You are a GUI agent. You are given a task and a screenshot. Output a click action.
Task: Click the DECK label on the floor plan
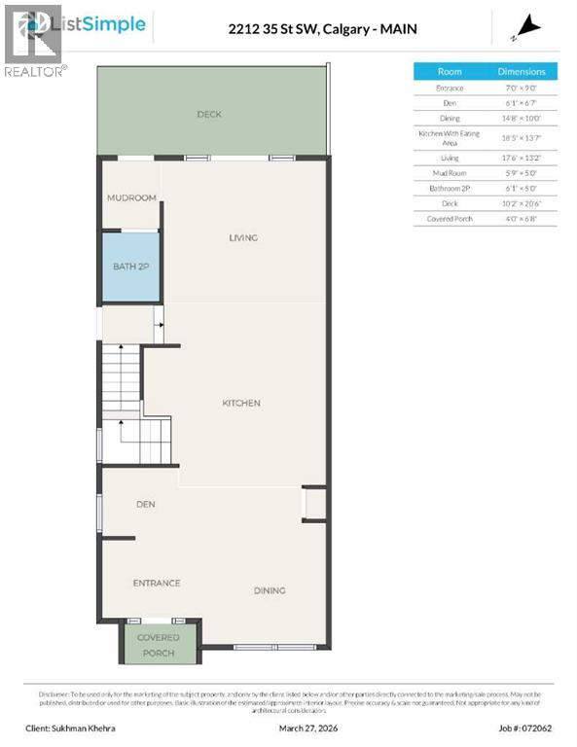click(209, 114)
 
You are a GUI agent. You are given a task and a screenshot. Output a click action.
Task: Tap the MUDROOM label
click(131, 197)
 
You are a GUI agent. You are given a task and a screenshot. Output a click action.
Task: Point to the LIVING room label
click(242, 237)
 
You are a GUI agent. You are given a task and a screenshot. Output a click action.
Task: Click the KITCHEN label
click(240, 403)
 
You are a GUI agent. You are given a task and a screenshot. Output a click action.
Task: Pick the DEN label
click(146, 504)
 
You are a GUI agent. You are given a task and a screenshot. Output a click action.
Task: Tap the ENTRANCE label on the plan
click(157, 583)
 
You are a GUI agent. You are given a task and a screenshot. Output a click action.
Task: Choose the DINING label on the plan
click(270, 589)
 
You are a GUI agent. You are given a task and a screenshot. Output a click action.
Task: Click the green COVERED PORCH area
click(158, 644)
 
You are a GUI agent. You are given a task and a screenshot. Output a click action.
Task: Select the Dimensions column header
click(522, 71)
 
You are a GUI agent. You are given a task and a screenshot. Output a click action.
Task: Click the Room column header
click(450, 71)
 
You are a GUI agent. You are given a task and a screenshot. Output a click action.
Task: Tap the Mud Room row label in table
click(450, 174)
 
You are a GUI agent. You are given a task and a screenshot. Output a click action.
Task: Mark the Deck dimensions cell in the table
click(522, 203)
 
